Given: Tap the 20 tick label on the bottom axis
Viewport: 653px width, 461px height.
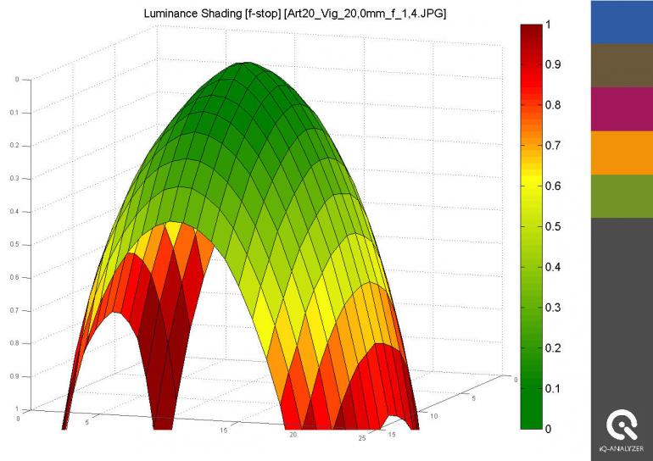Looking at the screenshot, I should point(293,435).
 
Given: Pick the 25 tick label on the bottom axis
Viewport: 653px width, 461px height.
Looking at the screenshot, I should point(363,438).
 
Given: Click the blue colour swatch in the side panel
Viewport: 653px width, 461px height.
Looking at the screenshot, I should point(622,21).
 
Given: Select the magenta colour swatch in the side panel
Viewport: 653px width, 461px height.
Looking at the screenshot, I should point(622,109).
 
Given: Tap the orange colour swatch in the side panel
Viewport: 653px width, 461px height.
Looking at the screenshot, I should point(622,153).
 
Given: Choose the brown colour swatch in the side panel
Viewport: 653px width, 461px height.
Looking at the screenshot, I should point(622,65).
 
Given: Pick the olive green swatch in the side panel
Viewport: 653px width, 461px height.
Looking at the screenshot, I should point(622,197).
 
